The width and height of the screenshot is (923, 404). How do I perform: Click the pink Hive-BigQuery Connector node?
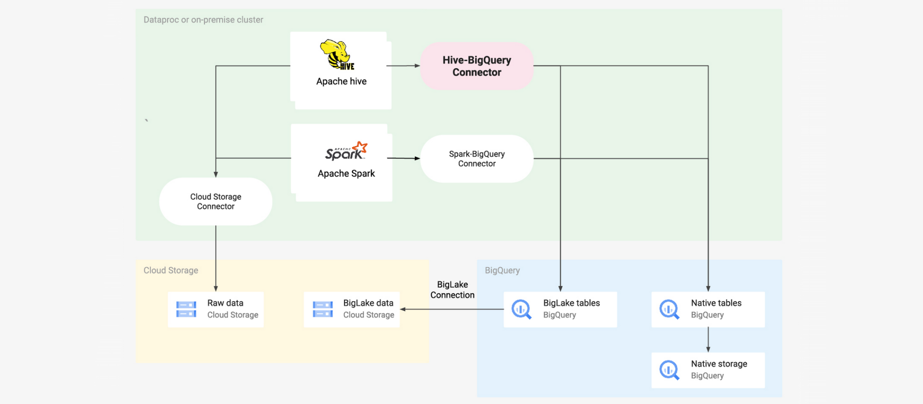tap(476, 66)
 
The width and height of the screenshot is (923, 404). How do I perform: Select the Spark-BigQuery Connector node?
tap(476, 159)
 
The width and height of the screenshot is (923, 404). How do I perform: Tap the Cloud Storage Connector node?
tap(216, 201)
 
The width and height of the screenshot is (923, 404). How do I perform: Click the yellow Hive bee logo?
tap(337, 54)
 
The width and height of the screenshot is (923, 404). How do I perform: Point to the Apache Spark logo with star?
tap(346, 151)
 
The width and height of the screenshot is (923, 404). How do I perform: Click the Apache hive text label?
tap(341, 81)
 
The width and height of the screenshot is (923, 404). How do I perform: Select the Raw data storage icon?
tap(186, 309)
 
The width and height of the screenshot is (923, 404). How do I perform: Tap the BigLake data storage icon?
tap(322, 309)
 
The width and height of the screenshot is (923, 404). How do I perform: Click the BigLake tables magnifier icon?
tap(521, 309)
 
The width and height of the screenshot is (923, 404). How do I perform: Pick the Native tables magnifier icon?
tap(669, 309)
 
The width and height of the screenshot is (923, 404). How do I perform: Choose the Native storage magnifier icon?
tap(669, 370)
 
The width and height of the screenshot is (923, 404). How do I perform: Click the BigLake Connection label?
tap(452, 290)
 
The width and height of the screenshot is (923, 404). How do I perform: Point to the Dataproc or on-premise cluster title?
tap(203, 20)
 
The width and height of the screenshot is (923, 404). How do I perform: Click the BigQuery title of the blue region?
tap(502, 270)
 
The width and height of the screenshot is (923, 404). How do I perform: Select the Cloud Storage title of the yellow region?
tap(171, 270)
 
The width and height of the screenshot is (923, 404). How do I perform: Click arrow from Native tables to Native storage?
tap(708, 340)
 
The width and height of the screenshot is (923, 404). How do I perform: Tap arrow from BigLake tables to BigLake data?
tap(452, 309)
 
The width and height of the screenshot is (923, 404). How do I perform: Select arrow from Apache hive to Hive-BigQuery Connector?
tap(403, 66)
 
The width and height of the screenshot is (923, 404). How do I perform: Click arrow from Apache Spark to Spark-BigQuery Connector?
tap(403, 158)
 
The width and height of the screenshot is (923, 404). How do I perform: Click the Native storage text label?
tap(719, 363)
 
